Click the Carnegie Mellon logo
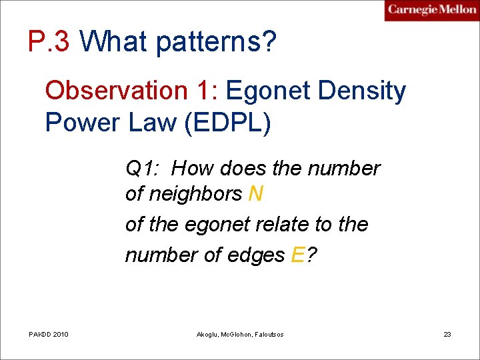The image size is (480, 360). pos(431,10)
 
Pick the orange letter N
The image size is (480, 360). pos(255,194)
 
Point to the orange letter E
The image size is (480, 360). pos(298,255)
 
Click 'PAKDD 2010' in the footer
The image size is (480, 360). pos(49,334)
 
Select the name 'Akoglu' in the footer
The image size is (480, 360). pos(210,334)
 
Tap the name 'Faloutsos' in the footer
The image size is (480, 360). pos(267,334)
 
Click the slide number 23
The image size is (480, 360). pos(447,334)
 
